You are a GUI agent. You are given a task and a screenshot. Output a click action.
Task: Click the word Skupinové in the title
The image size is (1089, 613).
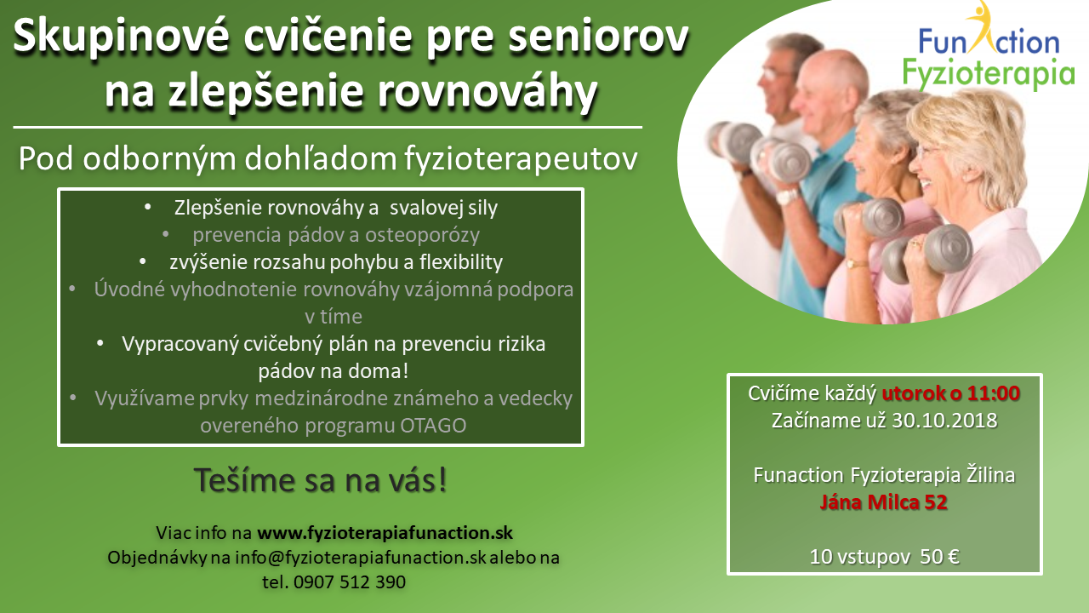pos(122,37)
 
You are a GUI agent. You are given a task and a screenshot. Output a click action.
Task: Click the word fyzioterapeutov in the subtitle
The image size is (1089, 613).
pos(521,159)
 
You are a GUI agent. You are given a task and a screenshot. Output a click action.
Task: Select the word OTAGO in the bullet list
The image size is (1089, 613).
pos(433,426)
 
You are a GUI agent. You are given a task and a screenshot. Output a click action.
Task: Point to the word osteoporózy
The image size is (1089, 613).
pos(423,236)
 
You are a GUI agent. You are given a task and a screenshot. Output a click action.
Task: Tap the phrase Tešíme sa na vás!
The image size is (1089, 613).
pos(321,480)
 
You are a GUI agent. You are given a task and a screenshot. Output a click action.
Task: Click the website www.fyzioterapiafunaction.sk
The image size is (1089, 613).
pos(385,533)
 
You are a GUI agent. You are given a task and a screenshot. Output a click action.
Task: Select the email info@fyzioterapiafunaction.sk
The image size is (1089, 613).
pos(360,558)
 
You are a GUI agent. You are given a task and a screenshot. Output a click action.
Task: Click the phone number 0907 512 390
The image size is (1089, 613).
pos(350,582)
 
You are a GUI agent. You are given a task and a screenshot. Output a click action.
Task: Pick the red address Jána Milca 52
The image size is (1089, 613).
pos(884,502)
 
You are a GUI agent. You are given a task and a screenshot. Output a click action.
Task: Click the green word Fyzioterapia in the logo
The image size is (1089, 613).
pos(989,74)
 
